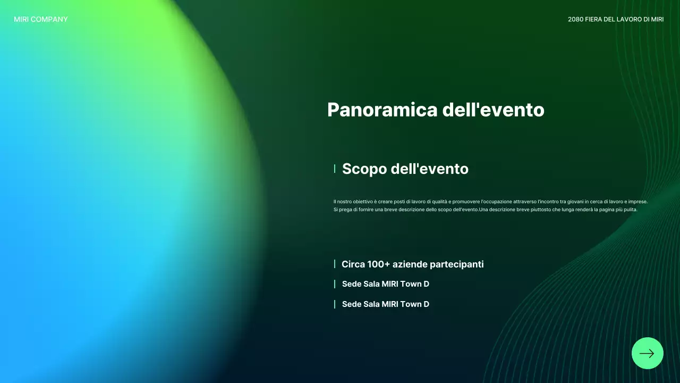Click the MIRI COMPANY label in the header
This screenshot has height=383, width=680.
pyautogui.click(x=41, y=20)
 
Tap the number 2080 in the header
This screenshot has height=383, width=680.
pyautogui.click(x=575, y=20)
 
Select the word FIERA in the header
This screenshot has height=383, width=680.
pyautogui.click(x=594, y=20)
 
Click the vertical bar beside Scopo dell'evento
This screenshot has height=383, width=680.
pyautogui.click(x=335, y=169)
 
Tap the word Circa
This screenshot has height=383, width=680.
pyautogui.click(x=353, y=264)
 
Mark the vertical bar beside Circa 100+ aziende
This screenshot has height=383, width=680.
pyautogui.click(x=335, y=264)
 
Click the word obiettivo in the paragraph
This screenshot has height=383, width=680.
pyautogui.click(x=363, y=202)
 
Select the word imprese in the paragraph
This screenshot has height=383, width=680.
pyautogui.click(x=637, y=202)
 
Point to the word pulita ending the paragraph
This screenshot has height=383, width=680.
pyautogui.click(x=630, y=210)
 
